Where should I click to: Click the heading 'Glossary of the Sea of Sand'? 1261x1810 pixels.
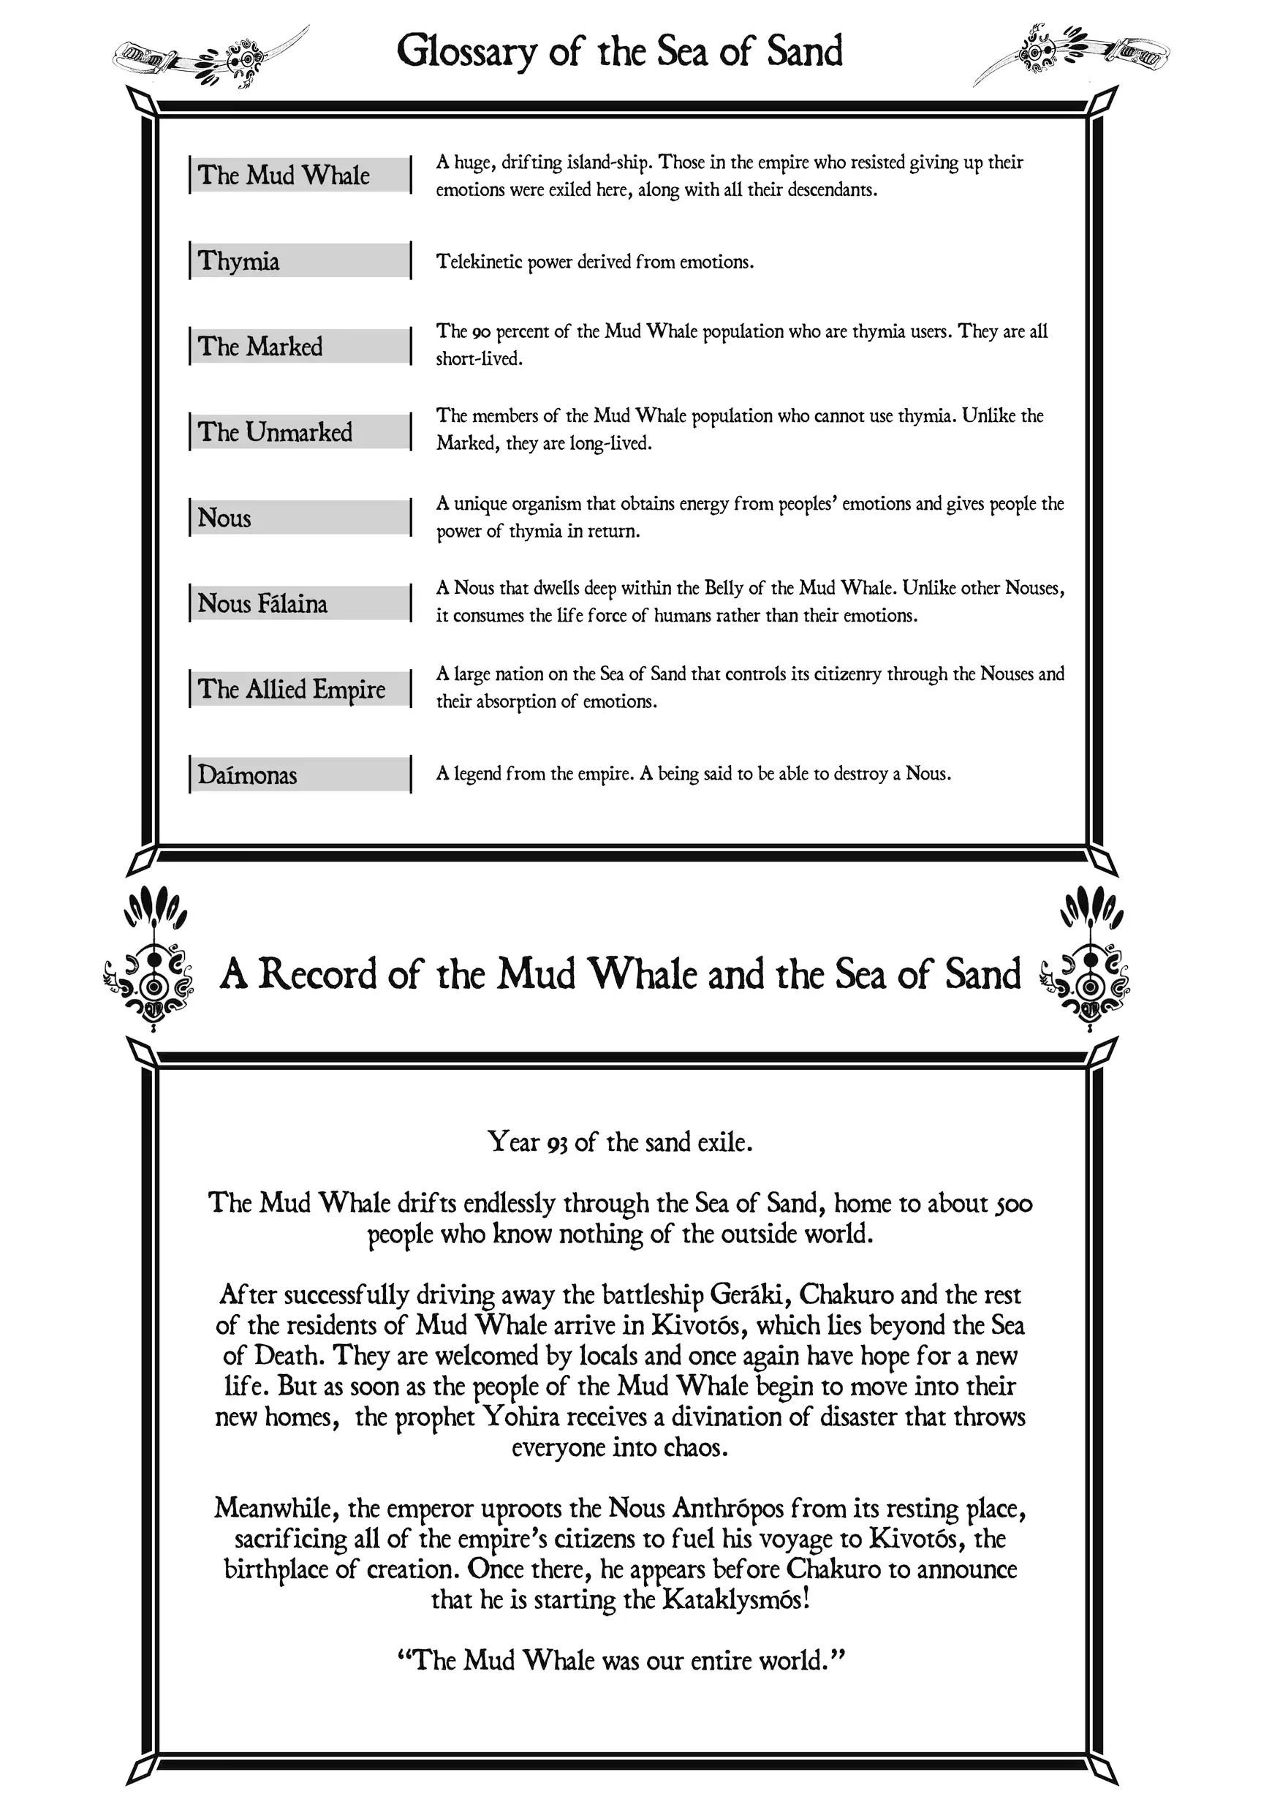pos(619,51)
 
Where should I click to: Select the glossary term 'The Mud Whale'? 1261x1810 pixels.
pos(284,175)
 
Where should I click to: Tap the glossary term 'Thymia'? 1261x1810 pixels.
pos(239,261)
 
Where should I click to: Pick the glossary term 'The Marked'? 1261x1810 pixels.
pos(260,347)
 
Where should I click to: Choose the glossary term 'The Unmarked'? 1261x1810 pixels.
pos(275,432)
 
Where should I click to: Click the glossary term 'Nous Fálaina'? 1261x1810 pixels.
pos(262,604)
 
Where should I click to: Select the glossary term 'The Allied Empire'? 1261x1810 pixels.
pos(292,689)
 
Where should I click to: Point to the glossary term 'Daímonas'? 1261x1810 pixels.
pos(248,775)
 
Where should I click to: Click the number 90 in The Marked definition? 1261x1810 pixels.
pos(482,332)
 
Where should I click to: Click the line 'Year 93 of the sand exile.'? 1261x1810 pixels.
pos(619,1142)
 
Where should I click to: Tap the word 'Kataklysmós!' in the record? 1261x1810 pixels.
pos(736,1599)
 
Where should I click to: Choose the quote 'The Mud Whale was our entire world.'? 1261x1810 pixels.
pos(621,1660)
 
